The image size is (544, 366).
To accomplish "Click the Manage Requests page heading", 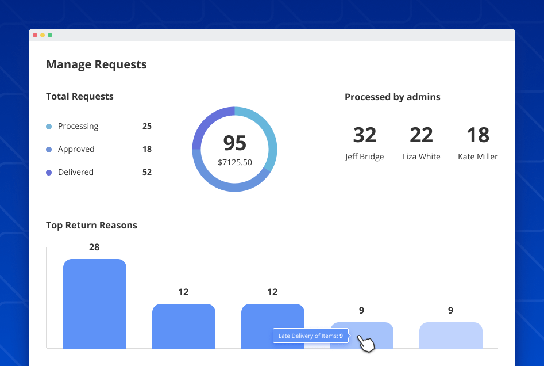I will tap(97, 64).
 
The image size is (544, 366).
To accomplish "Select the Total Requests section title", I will tap(80, 97).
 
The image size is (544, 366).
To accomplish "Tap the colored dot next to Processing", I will tap(49, 127).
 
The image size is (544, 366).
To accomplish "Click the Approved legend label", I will tap(76, 149).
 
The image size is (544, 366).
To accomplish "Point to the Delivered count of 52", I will tap(146, 172).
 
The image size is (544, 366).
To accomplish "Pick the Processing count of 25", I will tap(146, 126).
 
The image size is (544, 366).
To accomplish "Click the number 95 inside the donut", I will tap(234, 143).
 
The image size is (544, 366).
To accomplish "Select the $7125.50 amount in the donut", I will tap(234, 162).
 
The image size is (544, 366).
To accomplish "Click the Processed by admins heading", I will tap(392, 97).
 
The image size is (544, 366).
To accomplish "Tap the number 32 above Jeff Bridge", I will tap(364, 135).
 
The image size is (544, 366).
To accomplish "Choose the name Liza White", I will tap(421, 157).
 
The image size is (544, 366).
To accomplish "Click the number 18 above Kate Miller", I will tap(477, 135).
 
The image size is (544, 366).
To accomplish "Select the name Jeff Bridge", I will tap(364, 157).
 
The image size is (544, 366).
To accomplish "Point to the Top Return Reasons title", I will tap(91, 225).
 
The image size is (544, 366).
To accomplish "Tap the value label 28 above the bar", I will tap(94, 247).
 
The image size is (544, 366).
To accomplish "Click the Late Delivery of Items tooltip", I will tap(310, 335).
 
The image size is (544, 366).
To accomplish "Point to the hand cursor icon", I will tap(365, 343).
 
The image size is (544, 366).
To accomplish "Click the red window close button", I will tap(35, 35).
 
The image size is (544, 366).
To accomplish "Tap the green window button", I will tap(50, 35).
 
